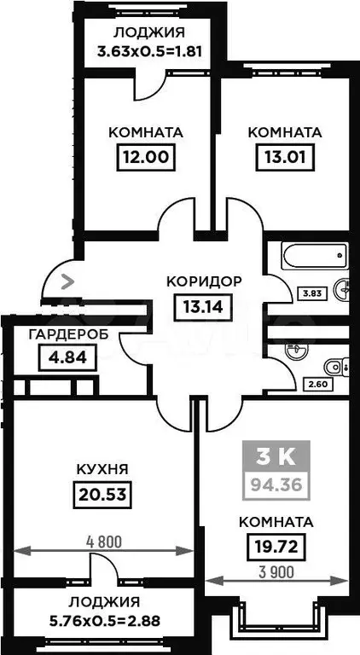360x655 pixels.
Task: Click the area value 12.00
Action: pos(145,158)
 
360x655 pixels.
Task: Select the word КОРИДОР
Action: pos(204,281)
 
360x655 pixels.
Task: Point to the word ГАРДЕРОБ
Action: pos(68,333)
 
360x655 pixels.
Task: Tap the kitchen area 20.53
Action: pos(102,495)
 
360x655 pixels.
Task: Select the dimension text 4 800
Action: pos(103,542)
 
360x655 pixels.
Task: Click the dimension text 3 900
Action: pos(276,573)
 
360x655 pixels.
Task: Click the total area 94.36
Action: pos(276,485)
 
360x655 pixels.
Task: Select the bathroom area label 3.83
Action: pos(310,293)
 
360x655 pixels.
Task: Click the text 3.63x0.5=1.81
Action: pos(149,51)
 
